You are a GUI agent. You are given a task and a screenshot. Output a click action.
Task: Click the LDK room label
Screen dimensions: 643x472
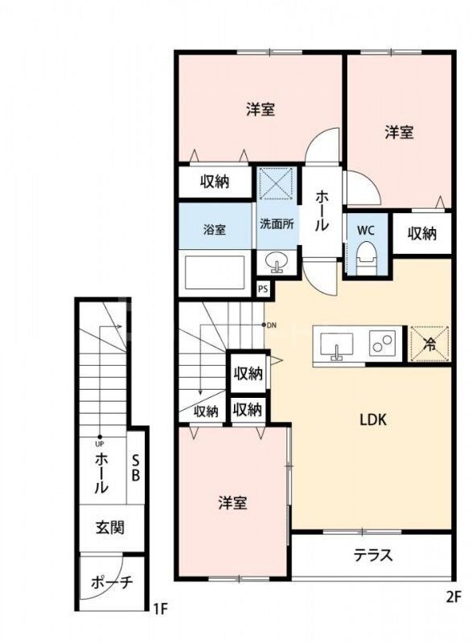pyautogui.click(x=373, y=419)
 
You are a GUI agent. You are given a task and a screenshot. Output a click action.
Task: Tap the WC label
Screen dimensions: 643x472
pyautogui.click(x=366, y=230)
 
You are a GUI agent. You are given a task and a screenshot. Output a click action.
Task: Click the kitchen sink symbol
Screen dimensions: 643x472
pyautogui.click(x=335, y=345)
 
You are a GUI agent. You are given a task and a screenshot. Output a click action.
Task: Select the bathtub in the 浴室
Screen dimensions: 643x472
pyautogui.click(x=213, y=272)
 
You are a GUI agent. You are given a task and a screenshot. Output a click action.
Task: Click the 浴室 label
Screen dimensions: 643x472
pyautogui.click(x=214, y=229)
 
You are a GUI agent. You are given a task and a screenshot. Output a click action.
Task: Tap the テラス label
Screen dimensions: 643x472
pyautogui.click(x=373, y=555)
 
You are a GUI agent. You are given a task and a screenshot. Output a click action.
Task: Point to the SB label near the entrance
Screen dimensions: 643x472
pyautogui.click(x=136, y=468)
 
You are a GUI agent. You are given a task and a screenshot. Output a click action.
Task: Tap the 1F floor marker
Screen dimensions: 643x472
pyautogui.click(x=160, y=608)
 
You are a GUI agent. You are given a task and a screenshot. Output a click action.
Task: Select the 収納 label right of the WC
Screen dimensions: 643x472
pyautogui.click(x=421, y=234)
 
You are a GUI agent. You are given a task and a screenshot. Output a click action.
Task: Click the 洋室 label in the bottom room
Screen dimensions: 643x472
pyautogui.click(x=232, y=503)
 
